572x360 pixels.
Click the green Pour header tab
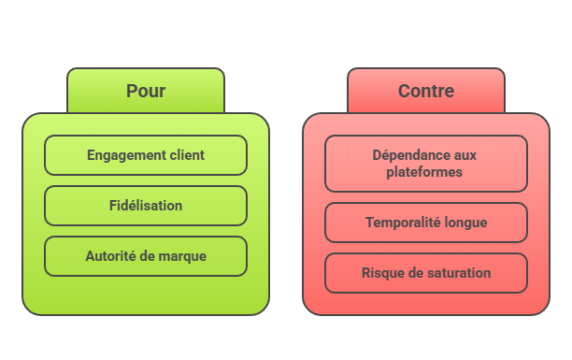tap(146, 91)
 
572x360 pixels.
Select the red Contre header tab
tap(426, 91)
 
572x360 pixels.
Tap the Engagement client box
tap(146, 155)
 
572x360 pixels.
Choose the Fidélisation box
tap(146, 206)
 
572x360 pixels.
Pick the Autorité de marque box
tap(146, 255)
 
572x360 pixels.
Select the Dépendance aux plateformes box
tap(426, 164)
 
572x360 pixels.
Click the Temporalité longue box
tap(426, 223)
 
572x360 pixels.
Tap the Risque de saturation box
tap(426, 273)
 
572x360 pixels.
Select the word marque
tap(183, 255)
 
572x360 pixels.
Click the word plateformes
tap(426, 172)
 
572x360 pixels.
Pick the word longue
tap(466, 223)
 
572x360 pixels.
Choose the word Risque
tap(381, 273)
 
